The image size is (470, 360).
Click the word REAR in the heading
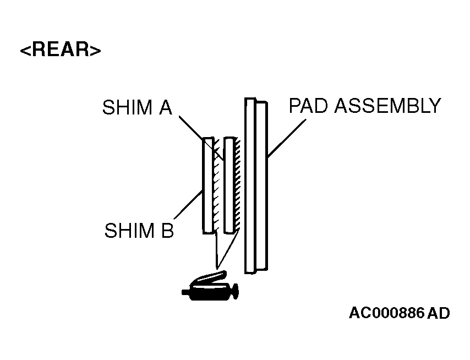[x=61, y=50]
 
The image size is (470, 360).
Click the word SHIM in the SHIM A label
[x=127, y=107]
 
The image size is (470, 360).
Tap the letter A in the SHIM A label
[x=166, y=107]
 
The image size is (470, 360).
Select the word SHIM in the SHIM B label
[x=129, y=230]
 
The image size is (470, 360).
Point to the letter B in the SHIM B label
[x=167, y=230]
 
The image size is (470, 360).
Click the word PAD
[x=309, y=105]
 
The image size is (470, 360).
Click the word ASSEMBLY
[x=387, y=105]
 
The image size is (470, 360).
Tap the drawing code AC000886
[x=387, y=313]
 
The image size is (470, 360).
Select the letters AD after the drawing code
[x=439, y=313]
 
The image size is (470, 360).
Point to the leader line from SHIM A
[x=201, y=138]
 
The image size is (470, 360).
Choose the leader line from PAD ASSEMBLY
[x=287, y=138]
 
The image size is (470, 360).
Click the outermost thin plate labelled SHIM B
[x=208, y=186]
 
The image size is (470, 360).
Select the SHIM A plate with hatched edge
[x=229, y=186]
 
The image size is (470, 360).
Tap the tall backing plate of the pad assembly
[x=250, y=186]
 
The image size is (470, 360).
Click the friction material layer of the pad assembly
[x=261, y=186]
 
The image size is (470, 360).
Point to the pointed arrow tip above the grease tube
[x=217, y=267]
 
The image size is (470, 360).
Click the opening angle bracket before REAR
[x=26, y=50]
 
